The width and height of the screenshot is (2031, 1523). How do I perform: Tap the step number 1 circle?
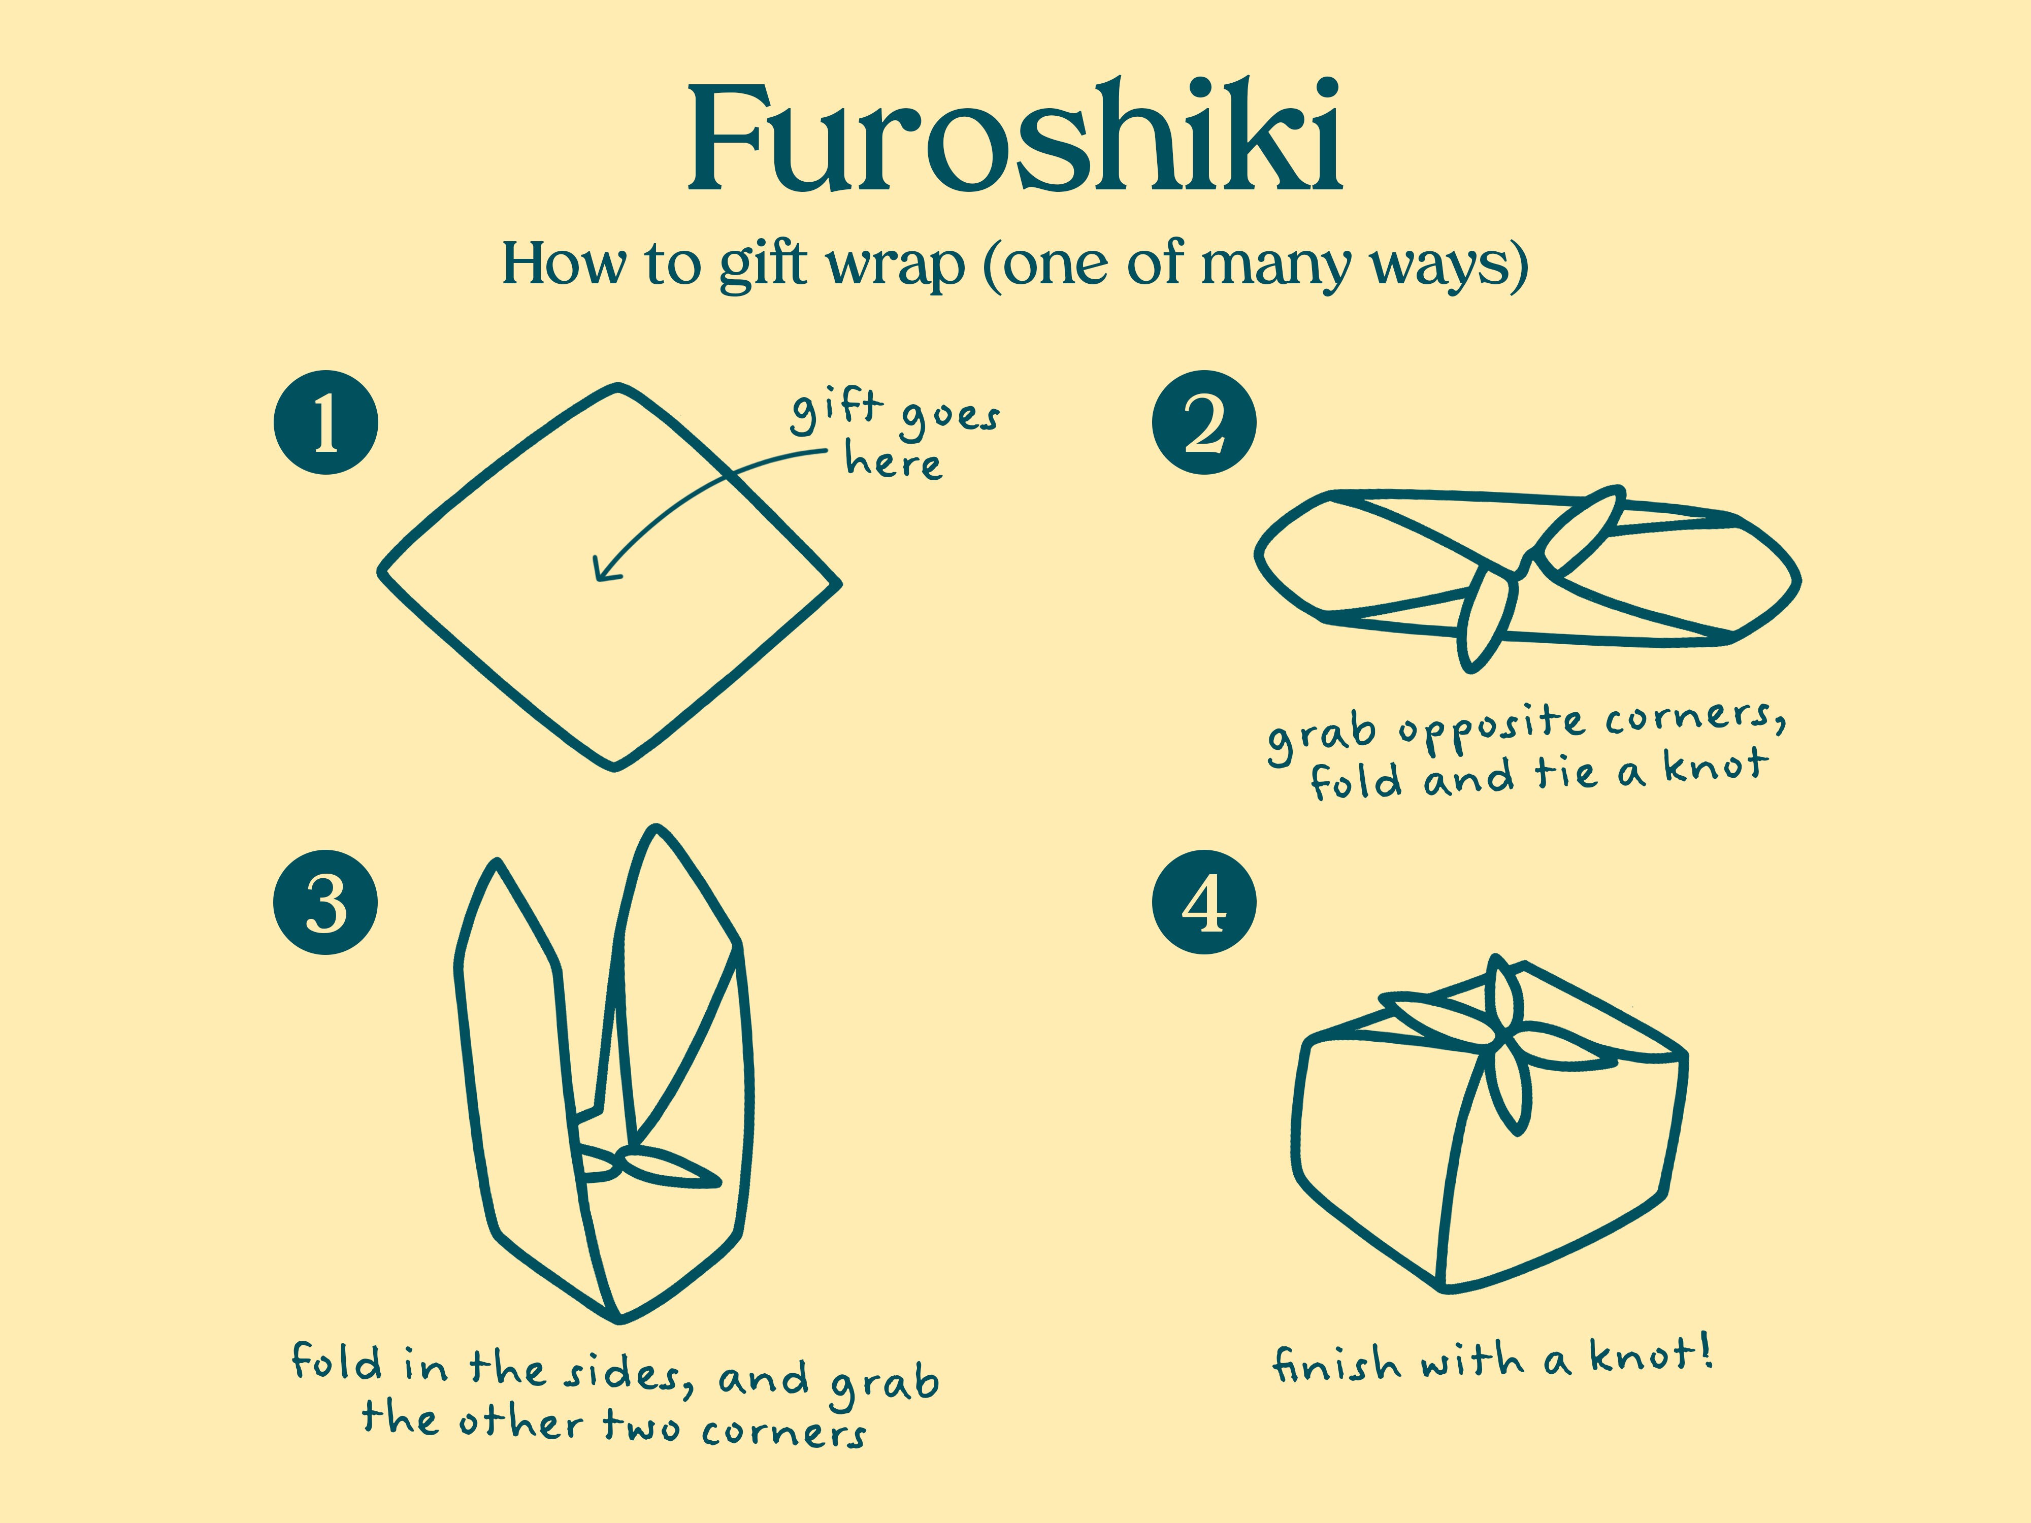coord(326,422)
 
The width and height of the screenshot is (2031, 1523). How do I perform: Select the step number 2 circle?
coord(1204,422)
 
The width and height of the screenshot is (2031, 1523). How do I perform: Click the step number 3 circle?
coord(326,903)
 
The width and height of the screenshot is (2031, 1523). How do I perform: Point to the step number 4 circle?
coord(1204,903)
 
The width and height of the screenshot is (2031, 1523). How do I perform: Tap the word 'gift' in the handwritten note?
coord(836,410)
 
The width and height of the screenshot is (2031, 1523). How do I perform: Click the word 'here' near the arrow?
coord(893,461)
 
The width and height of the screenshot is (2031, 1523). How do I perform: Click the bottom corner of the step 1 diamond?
coord(615,765)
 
